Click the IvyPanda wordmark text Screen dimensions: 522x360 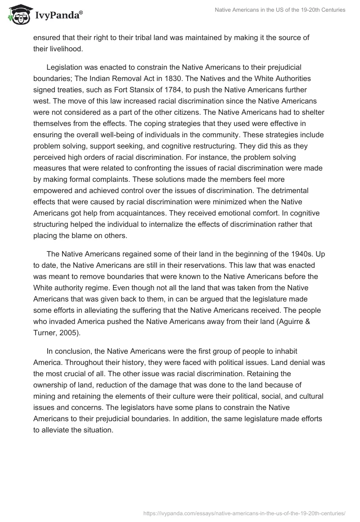[59, 15]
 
